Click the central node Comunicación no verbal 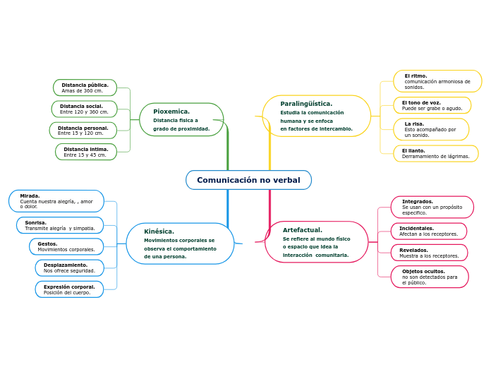click(x=248, y=180)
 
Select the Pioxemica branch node click(x=181, y=120)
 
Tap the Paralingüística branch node click(x=316, y=116)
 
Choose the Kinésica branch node click(x=180, y=243)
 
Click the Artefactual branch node click(x=316, y=242)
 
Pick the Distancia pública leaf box click(x=85, y=88)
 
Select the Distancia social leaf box click(x=84, y=109)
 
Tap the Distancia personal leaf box click(x=83, y=130)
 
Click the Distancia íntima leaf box click(x=86, y=152)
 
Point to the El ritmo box click(x=437, y=81)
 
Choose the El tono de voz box click(x=432, y=105)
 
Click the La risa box click(x=431, y=129)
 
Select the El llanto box click(x=435, y=153)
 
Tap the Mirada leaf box click(x=56, y=201)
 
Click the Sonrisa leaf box click(x=60, y=225)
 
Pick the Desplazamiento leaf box click(x=69, y=267)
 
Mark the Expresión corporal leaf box click(x=69, y=289)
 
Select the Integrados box click(x=432, y=207)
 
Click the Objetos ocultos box click(x=430, y=277)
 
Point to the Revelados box click(x=429, y=253)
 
